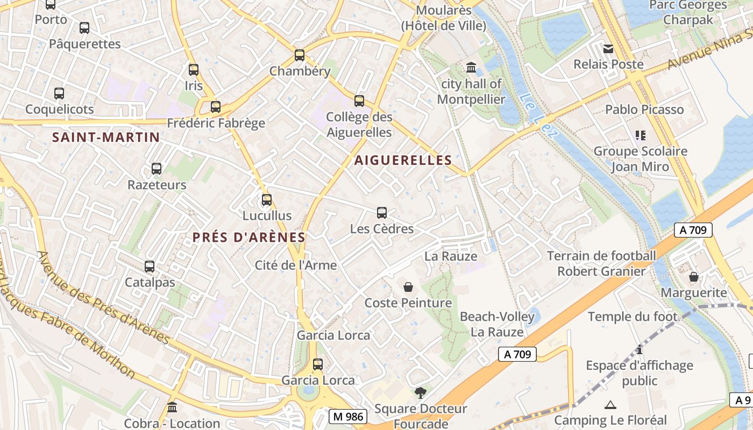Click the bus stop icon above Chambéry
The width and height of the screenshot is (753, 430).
(300, 55)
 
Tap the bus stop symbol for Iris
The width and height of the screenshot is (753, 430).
(194, 70)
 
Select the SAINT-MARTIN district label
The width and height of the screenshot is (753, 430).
(106, 137)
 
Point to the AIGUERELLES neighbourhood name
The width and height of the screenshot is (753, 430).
(403, 160)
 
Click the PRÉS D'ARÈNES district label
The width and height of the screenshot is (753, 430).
(249, 237)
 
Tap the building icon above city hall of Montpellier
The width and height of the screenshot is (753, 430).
(472, 68)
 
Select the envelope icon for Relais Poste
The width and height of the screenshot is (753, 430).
(608, 49)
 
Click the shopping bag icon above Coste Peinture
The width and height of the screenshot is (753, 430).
(408, 288)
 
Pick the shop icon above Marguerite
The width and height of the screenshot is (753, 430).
(694, 277)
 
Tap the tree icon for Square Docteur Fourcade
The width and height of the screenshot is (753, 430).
(421, 393)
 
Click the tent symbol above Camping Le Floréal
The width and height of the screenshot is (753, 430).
(610, 405)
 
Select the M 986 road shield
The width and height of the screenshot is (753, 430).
(348, 417)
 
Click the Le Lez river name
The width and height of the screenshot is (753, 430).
(538, 116)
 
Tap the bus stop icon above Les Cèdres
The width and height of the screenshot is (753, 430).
(382, 213)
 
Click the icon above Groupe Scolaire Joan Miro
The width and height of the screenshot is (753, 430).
(640, 135)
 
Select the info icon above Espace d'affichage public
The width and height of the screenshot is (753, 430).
(640, 350)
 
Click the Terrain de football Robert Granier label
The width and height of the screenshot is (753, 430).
(601, 263)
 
